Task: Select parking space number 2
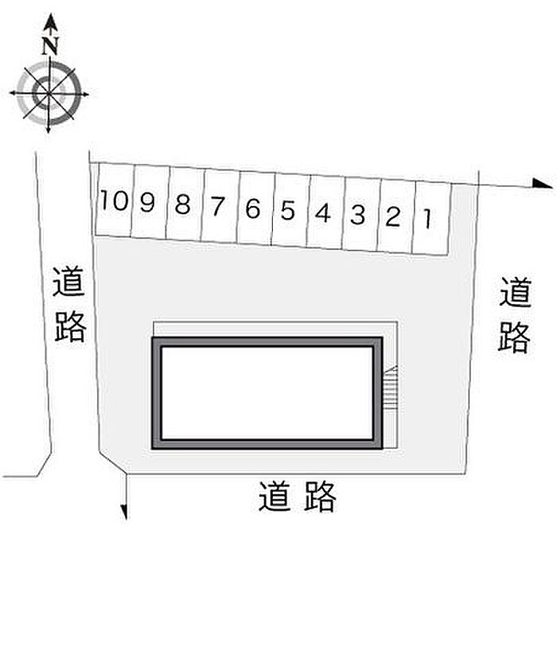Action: [392, 216]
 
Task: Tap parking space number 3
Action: [358, 214]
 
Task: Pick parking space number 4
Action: [323, 212]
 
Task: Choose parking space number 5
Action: [288, 211]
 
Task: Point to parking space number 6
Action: [253, 209]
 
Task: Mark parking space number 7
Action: [218, 207]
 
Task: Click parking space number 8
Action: [183, 205]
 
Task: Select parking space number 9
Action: [147, 203]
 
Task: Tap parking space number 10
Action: [114, 201]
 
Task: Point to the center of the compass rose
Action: [49, 94]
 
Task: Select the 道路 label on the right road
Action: [515, 314]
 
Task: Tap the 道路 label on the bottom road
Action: [298, 497]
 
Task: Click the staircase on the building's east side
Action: [390, 388]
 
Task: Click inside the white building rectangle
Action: [267, 392]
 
